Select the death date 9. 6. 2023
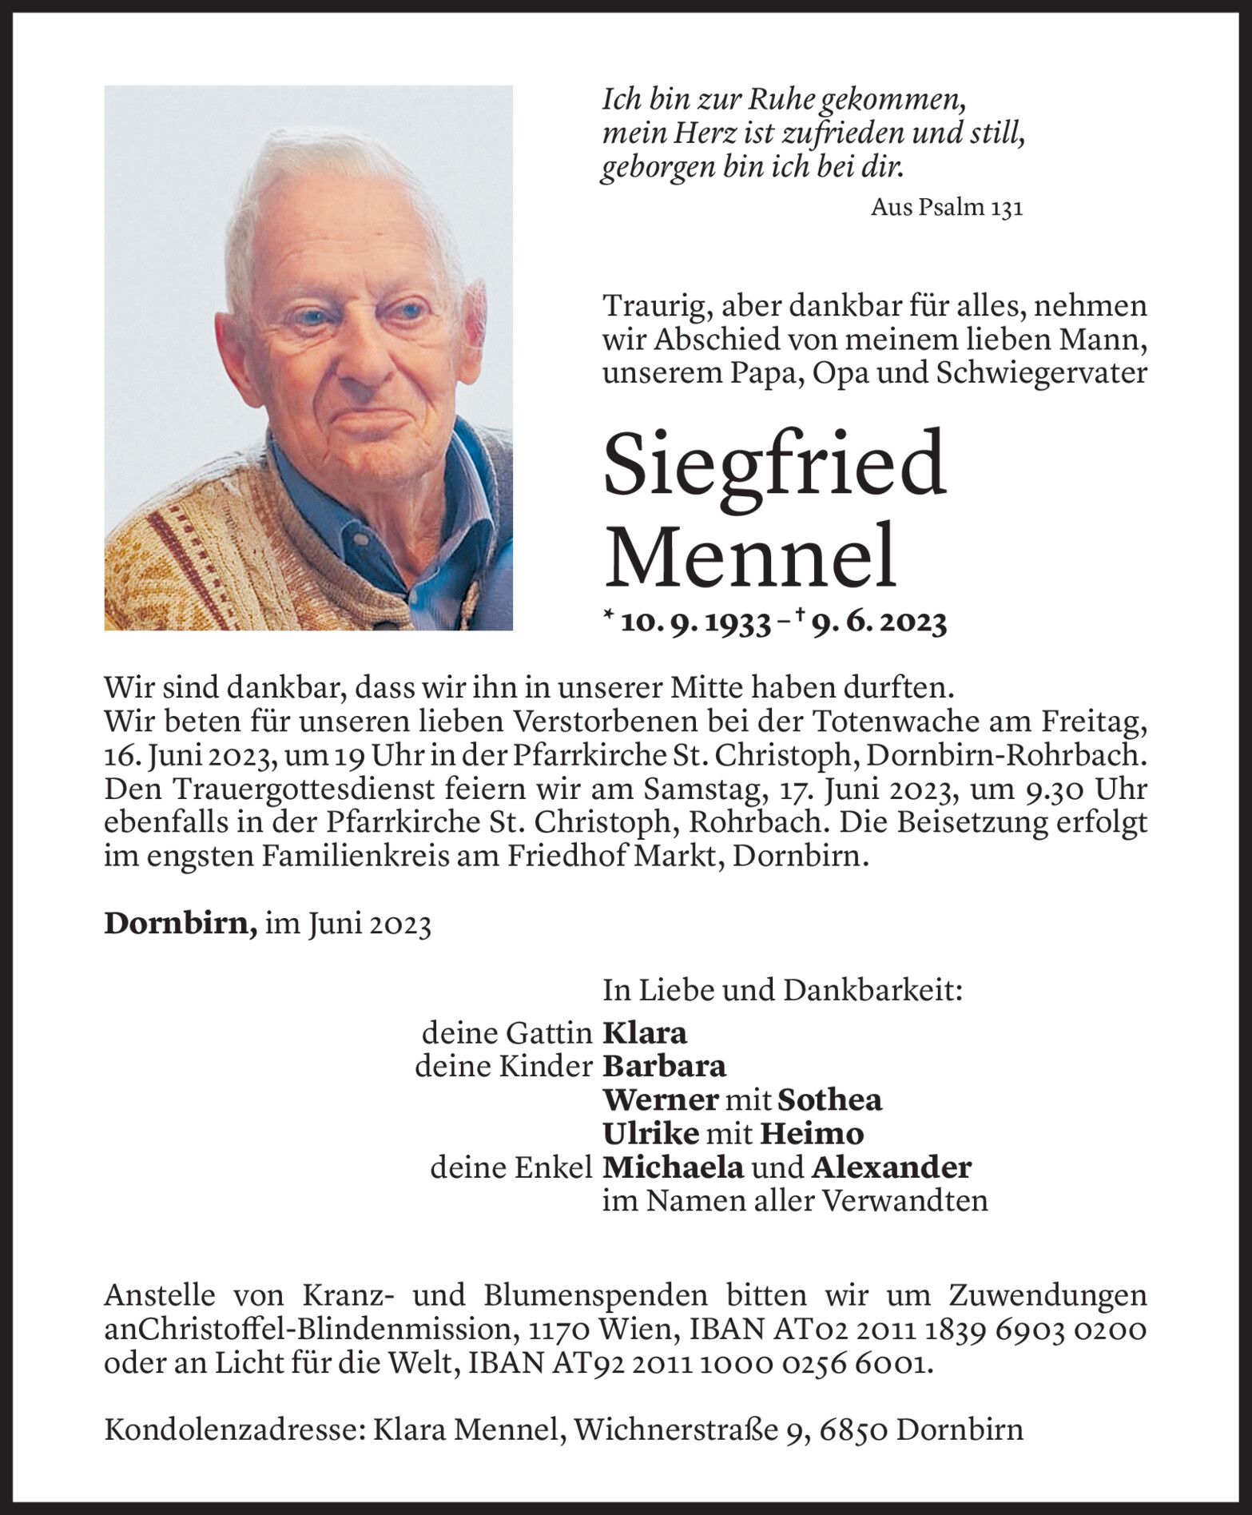(878, 622)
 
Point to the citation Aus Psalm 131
(946, 208)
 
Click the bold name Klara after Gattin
(644, 1033)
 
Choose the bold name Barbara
(664, 1066)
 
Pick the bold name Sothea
(829, 1100)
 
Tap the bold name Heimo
(811, 1133)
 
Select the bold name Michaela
(674, 1167)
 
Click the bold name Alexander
(891, 1167)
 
